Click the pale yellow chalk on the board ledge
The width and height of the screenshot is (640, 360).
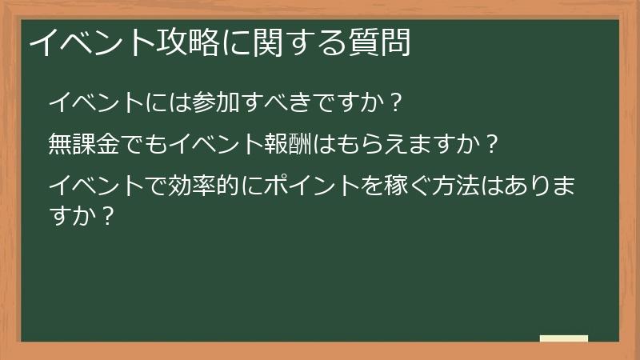coord(563,338)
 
